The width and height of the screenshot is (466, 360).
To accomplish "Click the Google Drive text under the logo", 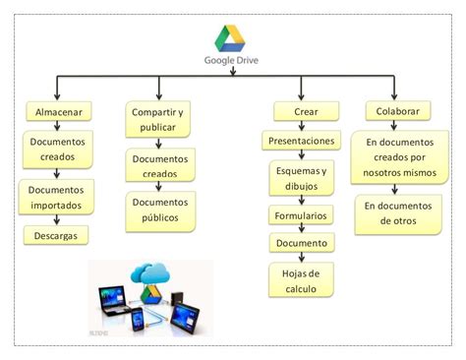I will (x=232, y=58).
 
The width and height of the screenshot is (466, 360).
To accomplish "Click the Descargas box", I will (x=57, y=235).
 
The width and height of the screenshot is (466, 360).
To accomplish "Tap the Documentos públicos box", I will (x=161, y=210).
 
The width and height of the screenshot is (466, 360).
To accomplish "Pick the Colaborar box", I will (x=395, y=111).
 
